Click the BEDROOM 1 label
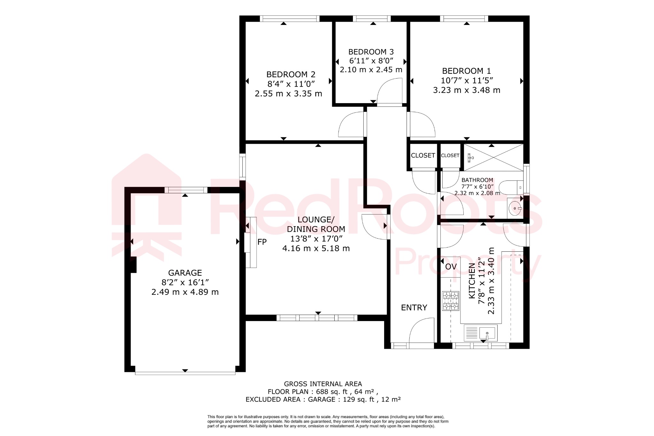[466, 71]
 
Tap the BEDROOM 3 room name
[371, 52]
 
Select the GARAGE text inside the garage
[185, 273]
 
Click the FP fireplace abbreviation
[262, 242]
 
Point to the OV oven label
[451, 267]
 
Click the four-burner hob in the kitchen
[451, 301]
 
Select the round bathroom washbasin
[514, 208]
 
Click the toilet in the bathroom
[510, 187]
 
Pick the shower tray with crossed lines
[493, 157]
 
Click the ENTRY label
[414, 308]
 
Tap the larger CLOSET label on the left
[423, 156]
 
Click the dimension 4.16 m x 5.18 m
[316, 249]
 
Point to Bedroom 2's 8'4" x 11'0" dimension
[291, 84]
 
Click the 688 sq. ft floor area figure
[331, 392]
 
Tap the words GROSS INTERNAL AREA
[323, 384]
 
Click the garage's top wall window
[186, 190]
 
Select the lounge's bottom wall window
[317, 318]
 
